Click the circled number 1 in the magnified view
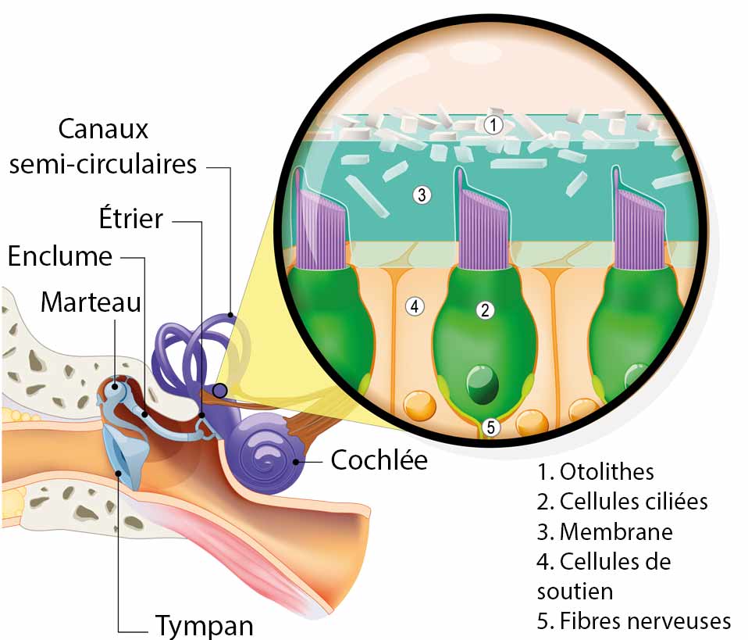pos(492,123)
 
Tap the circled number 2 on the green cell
pos(485,310)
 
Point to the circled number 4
pos(415,306)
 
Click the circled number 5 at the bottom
pos(490,427)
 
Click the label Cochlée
pos(379,460)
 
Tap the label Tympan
pos(205,625)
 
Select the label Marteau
pos(91,302)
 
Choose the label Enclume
pos(60,256)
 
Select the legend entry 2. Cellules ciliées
pos(622,502)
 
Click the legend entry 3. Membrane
pos(605,532)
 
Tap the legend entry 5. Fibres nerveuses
pos(634,621)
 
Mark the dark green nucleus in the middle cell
pos(481,384)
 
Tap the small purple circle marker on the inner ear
pos(220,390)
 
